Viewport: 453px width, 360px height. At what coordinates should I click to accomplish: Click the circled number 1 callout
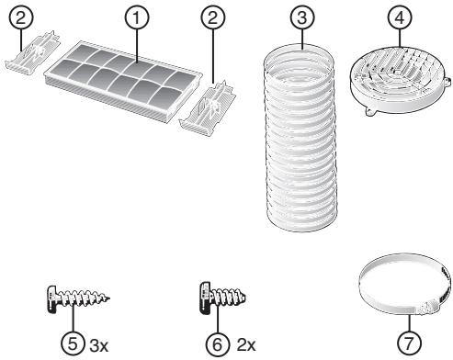(137, 18)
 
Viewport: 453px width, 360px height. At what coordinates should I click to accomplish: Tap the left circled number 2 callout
(20, 17)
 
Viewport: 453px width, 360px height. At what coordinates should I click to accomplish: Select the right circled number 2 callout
(213, 17)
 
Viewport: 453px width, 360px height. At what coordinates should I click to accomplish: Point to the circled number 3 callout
(302, 17)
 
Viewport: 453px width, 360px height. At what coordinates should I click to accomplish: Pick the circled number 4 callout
(400, 17)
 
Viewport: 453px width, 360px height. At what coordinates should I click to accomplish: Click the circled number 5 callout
(73, 344)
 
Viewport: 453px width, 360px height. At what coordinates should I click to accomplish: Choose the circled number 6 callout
(217, 344)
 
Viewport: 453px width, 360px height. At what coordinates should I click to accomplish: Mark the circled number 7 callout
(409, 343)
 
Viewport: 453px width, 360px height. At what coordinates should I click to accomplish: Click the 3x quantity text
(99, 346)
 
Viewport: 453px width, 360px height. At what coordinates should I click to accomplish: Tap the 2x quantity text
(246, 345)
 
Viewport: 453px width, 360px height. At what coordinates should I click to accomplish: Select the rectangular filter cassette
(123, 81)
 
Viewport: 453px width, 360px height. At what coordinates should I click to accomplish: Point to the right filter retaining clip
(208, 107)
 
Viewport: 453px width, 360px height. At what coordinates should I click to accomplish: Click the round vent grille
(401, 81)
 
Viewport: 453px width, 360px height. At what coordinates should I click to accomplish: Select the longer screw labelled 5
(78, 298)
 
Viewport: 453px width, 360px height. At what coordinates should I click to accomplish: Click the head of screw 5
(52, 298)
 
